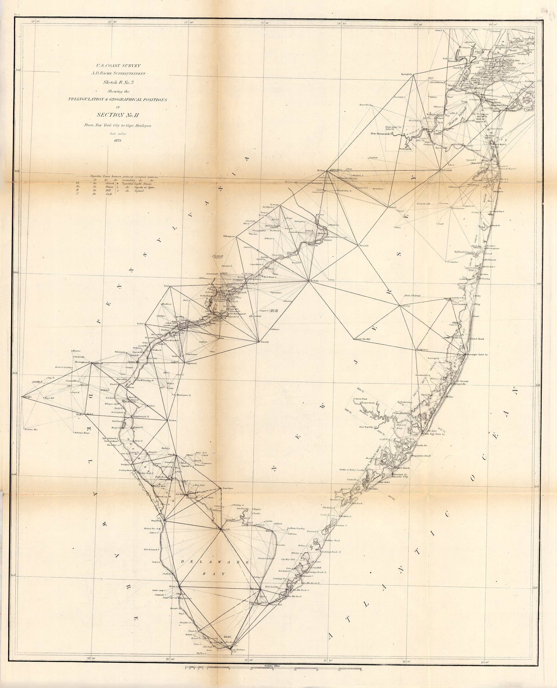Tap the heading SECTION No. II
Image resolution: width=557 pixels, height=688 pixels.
[117, 115]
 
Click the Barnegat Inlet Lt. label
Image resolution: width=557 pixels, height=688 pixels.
[477, 355]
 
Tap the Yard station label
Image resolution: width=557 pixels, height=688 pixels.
[166, 285]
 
